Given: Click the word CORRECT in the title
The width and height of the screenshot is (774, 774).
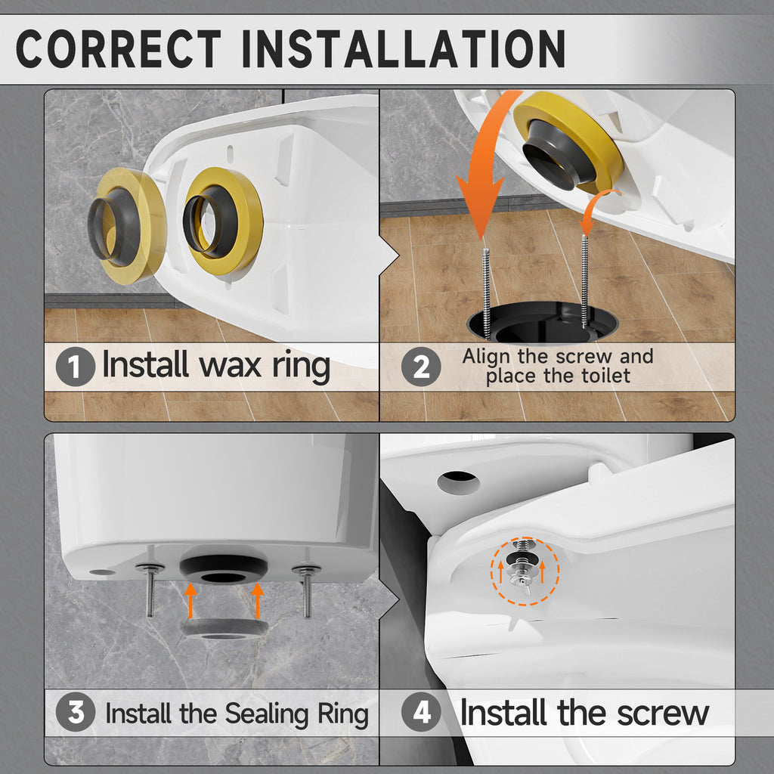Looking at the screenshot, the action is pyautogui.click(x=119, y=48).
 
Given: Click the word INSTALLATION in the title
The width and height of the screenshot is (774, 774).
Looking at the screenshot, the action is pyautogui.click(x=404, y=48).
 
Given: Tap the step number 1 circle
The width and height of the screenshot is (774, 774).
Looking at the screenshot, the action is pyautogui.click(x=75, y=367).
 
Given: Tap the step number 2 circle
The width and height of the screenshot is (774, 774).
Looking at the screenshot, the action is pyautogui.click(x=421, y=367).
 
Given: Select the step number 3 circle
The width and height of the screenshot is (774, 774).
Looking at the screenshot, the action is pyautogui.click(x=76, y=712).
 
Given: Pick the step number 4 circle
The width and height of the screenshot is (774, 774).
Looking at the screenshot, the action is pyautogui.click(x=421, y=712).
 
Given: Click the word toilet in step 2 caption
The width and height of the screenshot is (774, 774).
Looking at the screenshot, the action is pyautogui.click(x=605, y=376).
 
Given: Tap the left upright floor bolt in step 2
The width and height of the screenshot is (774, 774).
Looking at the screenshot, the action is pyautogui.click(x=487, y=293).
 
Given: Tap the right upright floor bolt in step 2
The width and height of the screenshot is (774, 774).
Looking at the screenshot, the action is pyautogui.click(x=585, y=281).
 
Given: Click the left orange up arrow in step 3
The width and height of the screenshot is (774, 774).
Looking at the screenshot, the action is pyautogui.click(x=190, y=600).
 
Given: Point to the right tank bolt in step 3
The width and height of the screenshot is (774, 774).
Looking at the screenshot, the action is pyautogui.click(x=307, y=593).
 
